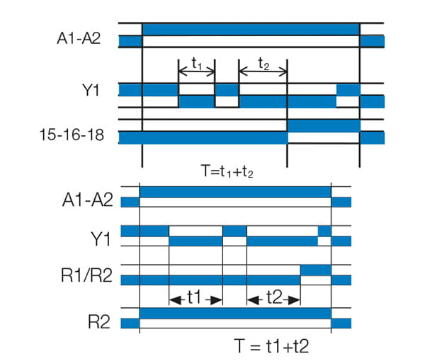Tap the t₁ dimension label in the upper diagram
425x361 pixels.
pyautogui.click(x=196, y=62)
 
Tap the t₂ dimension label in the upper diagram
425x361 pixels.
pyautogui.click(x=263, y=62)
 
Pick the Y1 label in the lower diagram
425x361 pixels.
pyautogui.click(x=98, y=240)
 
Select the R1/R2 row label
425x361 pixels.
pyautogui.click(x=86, y=277)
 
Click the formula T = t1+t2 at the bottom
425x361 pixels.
pyautogui.click(x=272, y=346)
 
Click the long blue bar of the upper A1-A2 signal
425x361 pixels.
pyautogui.click(x=251, y=29)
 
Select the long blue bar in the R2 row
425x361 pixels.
pyautogui.click(x=235, y=313)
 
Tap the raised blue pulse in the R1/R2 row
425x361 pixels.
pyautogui.click(x=315, y=270)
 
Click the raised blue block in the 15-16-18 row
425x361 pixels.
pyautogui.click(x=324, y=125)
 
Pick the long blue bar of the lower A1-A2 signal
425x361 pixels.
pyautogui.click(x=235, y=192)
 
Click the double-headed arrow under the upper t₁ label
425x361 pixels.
pyautogui.click(x=196, y=71)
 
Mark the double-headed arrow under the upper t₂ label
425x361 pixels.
pyautogui.click(x=263, y=71)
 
